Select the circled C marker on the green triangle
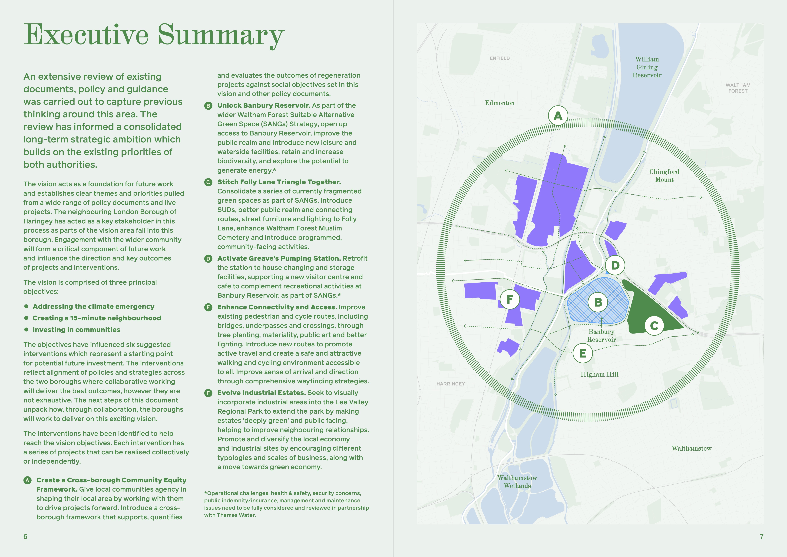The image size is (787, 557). pos(654,325)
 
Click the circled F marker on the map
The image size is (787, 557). pos(510,299)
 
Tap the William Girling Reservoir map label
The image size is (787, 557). pos(647,67)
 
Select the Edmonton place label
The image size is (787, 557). pos(499,103)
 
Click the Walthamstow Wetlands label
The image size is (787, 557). pos(517,482)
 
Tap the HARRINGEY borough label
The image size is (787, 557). pos(450,384)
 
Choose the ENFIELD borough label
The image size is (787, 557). pos(499,58)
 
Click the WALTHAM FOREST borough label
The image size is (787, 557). pos(738,88)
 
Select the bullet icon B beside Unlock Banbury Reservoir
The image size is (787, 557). pos(208,106)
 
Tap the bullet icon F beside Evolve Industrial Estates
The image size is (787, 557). pos(208,393)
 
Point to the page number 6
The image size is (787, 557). pos(25,536)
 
